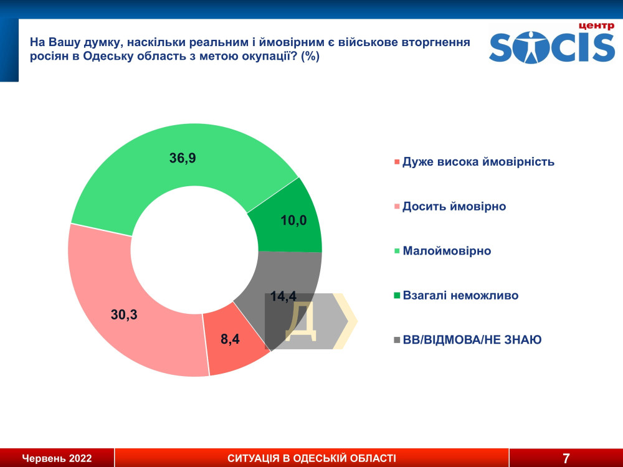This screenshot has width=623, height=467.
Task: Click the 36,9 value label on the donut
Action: point(183,158)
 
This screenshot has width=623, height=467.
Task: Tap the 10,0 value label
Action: point(293,220)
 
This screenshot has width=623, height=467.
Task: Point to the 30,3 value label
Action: point(124,314)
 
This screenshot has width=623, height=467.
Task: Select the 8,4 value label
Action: point(230,339)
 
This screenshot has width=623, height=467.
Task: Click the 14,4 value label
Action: point(283,296)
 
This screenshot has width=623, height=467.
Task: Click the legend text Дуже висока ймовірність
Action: point(478,162)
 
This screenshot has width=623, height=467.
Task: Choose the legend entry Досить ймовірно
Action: point(454,207)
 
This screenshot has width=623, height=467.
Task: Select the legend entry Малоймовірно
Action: point(447,251)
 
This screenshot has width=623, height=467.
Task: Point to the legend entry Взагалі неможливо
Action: point(460,295)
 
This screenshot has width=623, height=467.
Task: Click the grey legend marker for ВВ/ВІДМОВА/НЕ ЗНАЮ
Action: point(396,341)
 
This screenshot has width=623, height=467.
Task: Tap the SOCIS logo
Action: point(552,47)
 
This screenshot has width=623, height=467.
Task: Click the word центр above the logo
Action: point(596,26)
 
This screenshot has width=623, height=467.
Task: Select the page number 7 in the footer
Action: point(566,458)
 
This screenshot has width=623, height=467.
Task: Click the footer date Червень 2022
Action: point(57,458)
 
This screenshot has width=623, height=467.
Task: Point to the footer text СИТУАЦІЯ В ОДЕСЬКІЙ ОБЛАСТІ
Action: point(312,458)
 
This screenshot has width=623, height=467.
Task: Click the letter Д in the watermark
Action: point(301,322)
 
